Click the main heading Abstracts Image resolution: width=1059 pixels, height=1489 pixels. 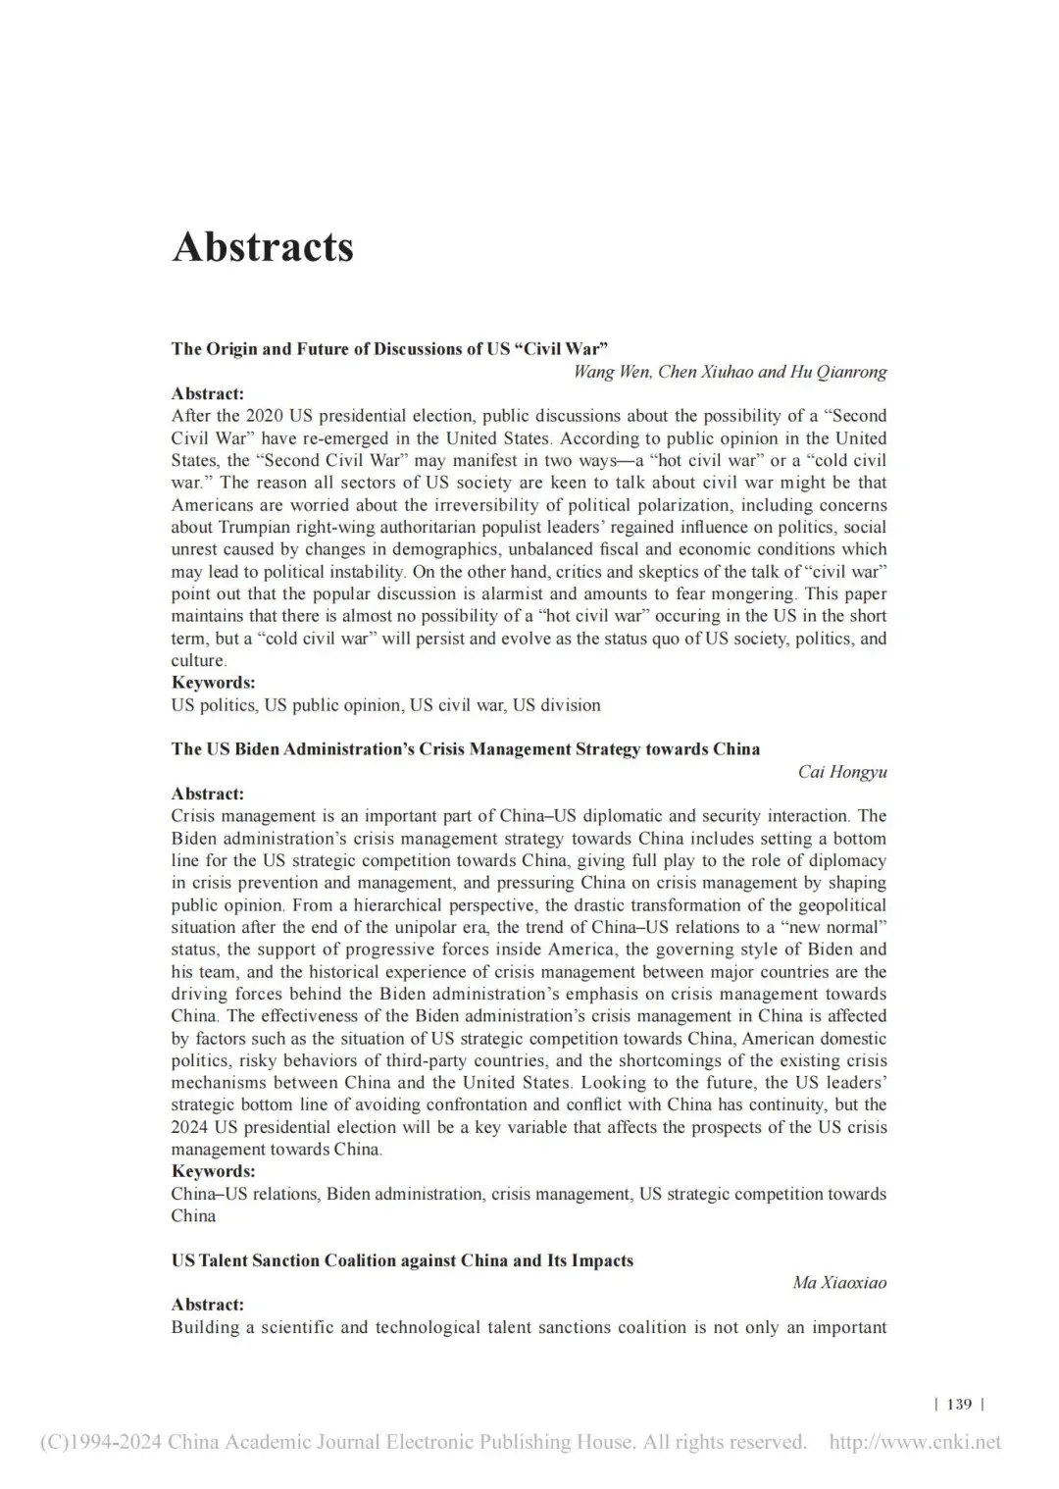pos(263,246)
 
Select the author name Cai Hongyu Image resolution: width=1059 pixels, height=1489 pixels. pos(842,772)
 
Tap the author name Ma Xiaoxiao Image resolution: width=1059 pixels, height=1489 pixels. pos(839,1283)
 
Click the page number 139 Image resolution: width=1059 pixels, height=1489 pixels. pos(959,1404)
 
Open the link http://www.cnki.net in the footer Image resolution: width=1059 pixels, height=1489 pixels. pos(915,1442)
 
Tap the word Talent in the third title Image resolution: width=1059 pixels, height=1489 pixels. pos(225,1260)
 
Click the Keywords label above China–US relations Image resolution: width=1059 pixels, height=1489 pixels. pos(213,1171)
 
